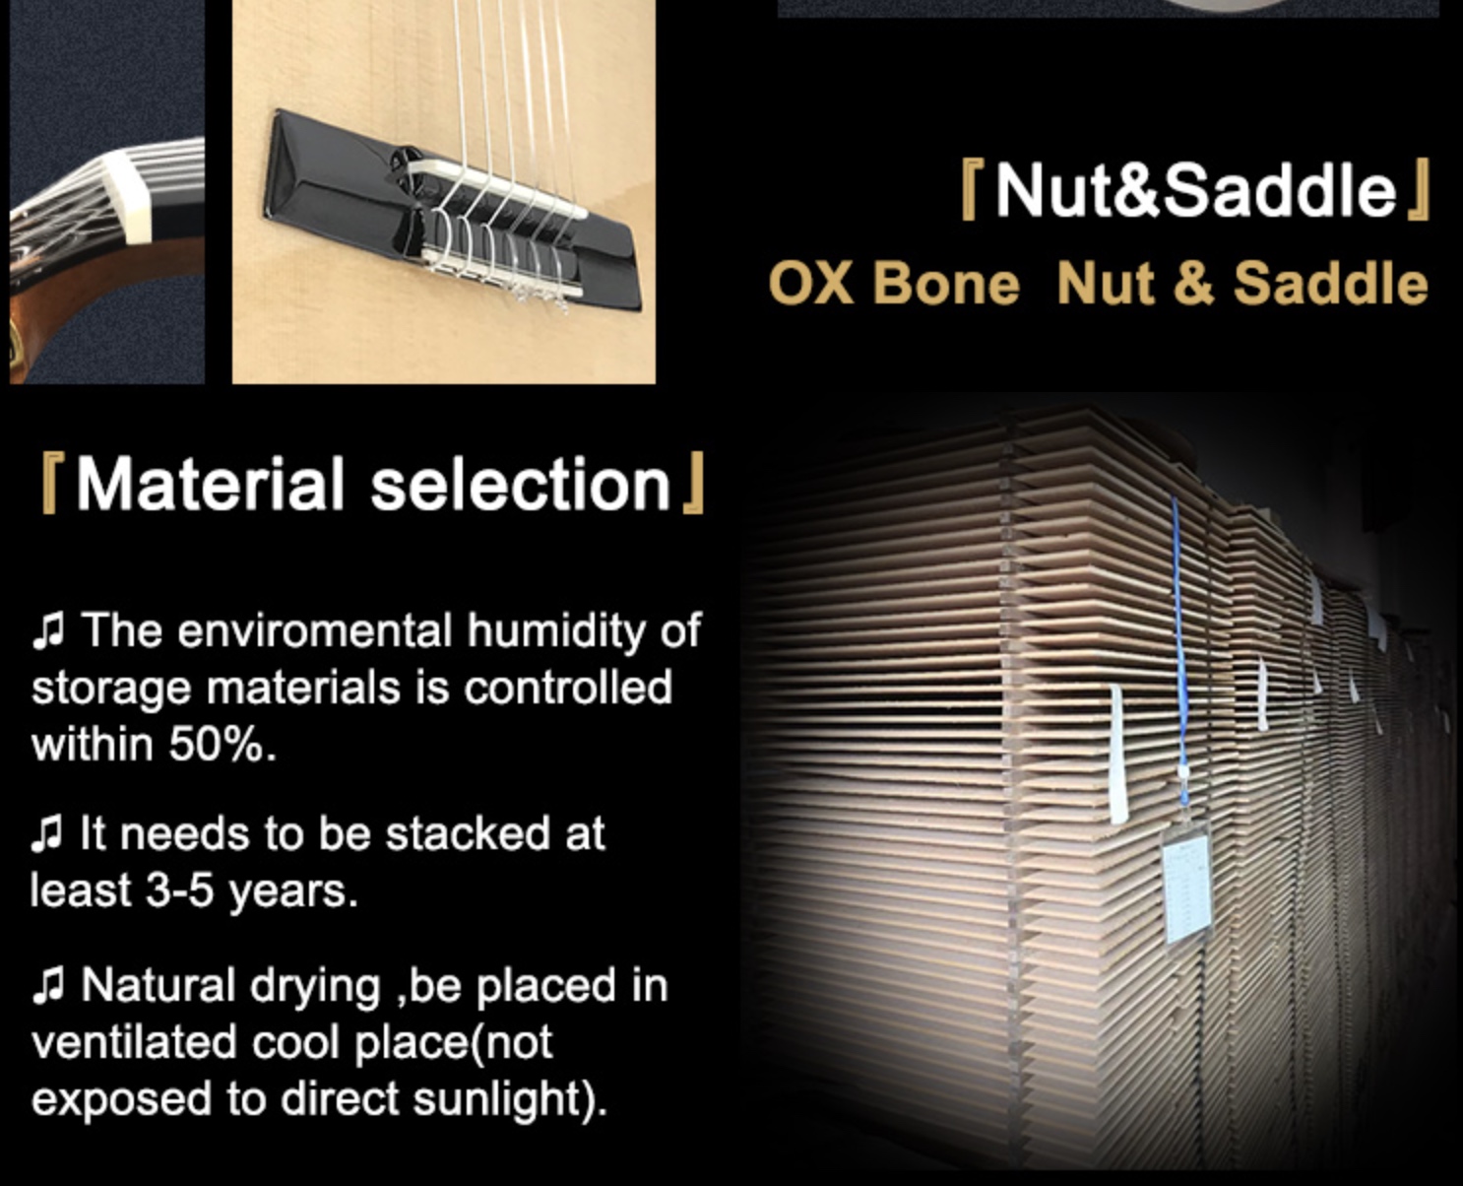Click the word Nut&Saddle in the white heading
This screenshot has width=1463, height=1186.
point(1196,190)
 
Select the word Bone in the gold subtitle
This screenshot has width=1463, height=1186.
point(946,283)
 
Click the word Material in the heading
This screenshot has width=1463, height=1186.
point(210,484)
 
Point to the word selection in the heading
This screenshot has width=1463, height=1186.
point(520,484)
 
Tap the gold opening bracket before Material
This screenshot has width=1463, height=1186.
point(50,483)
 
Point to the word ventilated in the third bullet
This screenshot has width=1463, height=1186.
point(135,1042)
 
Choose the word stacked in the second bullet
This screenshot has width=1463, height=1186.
point(467,834)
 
